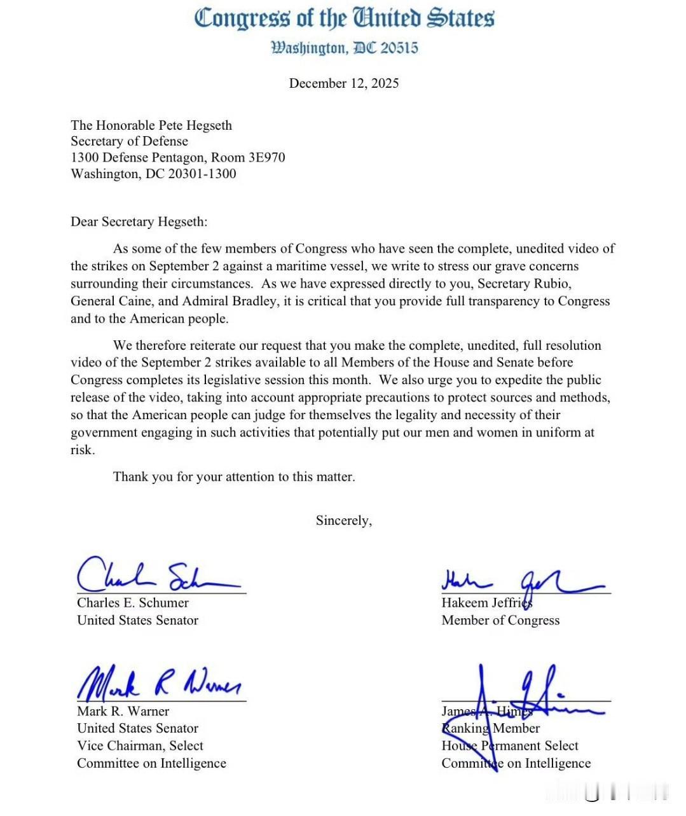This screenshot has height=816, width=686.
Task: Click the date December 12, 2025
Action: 343,83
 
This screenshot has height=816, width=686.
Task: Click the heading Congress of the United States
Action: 343,18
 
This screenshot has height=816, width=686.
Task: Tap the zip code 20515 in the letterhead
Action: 399,48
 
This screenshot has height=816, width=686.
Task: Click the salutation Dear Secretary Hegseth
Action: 139,222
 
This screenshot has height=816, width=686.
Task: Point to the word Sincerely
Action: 343,521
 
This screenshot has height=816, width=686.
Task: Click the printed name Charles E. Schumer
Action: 133,603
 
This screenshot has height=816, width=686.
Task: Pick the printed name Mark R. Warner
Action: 123,711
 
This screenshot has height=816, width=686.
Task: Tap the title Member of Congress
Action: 500,621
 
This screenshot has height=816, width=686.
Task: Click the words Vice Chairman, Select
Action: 140,746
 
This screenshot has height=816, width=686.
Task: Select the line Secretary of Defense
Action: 129,141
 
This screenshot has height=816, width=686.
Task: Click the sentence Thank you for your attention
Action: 233,477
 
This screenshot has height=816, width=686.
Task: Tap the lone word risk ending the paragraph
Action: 81,450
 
